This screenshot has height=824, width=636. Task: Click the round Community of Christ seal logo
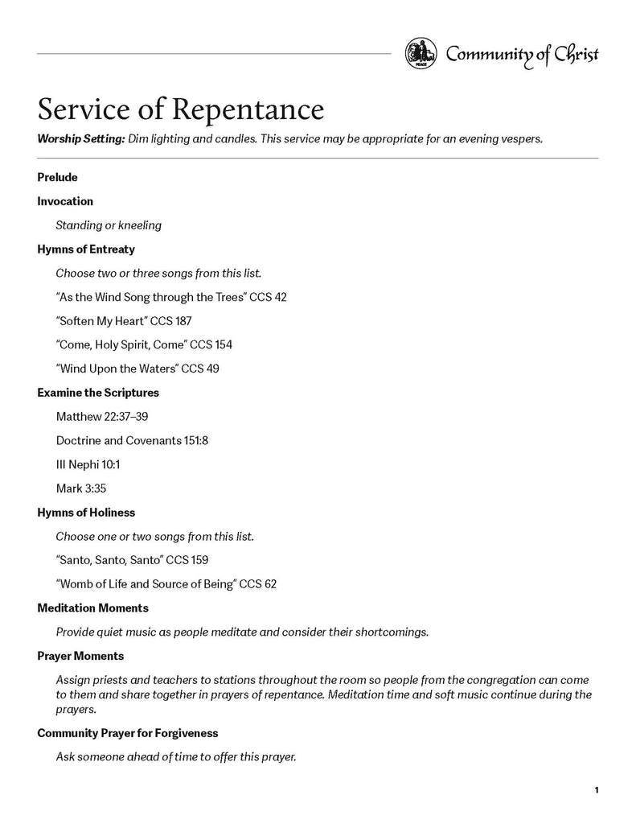click(421, 54)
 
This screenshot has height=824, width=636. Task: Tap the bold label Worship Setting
click(80, 138)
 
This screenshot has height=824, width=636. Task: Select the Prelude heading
click(57, 177)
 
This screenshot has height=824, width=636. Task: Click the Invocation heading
click(65, 201)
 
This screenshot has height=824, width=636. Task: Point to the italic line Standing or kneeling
click(109, 225)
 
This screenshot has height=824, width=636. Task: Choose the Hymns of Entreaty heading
click(86, 249)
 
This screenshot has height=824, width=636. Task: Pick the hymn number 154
click(223, 344)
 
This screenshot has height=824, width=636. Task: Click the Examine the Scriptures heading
click(98, 393)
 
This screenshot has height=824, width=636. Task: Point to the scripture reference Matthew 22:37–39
click(102, 417)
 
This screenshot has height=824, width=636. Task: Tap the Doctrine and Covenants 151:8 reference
click(133, 441)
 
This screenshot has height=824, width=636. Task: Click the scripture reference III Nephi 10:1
click(88, 464)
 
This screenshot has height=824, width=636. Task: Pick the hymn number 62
click(270, 583)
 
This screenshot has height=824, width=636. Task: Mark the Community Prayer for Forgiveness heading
click(128, 733)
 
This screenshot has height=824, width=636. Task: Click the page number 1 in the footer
click(597, 790)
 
